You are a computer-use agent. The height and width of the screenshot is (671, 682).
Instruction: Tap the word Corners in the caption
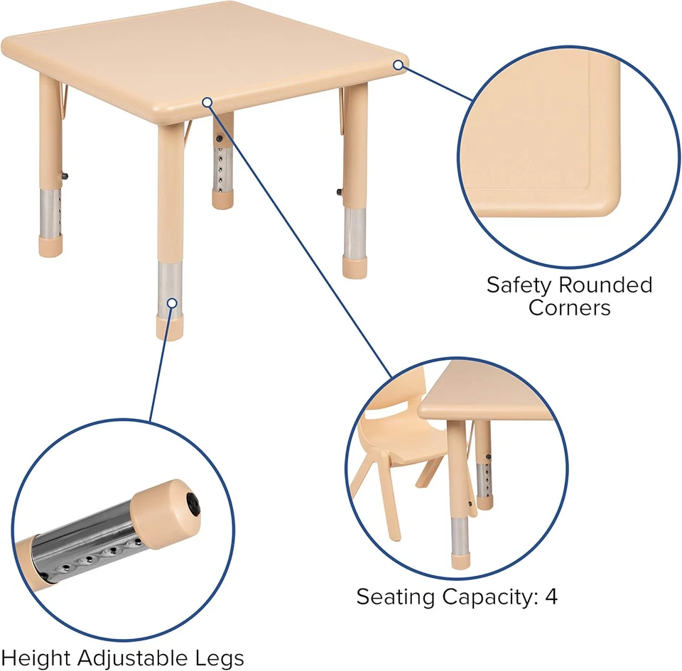tap(569, 308)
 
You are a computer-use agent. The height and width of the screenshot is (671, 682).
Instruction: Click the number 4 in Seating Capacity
tap(551, 596)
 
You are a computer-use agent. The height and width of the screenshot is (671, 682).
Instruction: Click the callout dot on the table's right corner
tap(399, 65)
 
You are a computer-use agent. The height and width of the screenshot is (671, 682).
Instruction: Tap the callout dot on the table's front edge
tap(207, 102)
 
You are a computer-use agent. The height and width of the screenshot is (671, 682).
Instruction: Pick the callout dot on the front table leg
tap(171, 302)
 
